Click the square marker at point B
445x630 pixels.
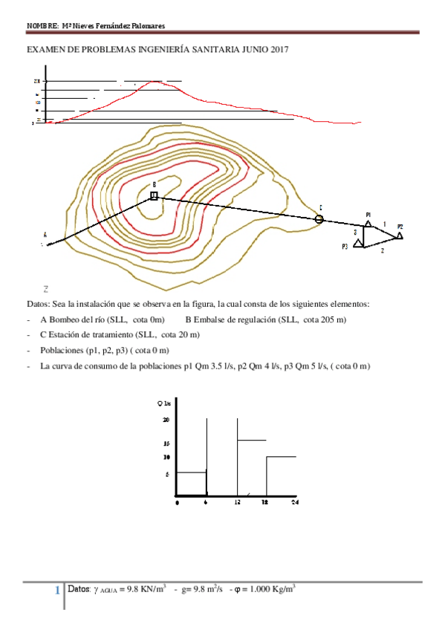coord(154,195)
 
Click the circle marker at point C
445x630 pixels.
coord(319,218)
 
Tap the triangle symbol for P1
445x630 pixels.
coord(368,222)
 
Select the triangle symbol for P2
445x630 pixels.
coord(400,235)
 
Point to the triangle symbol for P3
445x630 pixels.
coord(358,243)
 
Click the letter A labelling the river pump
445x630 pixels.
coord(45,235)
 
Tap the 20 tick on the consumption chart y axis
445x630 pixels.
coord(167,420)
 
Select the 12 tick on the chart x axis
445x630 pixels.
coord(237,503)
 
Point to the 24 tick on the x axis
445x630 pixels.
coord(295,503)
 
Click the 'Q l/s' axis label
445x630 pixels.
coord(164,403)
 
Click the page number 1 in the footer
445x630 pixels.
coord(58,591)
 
